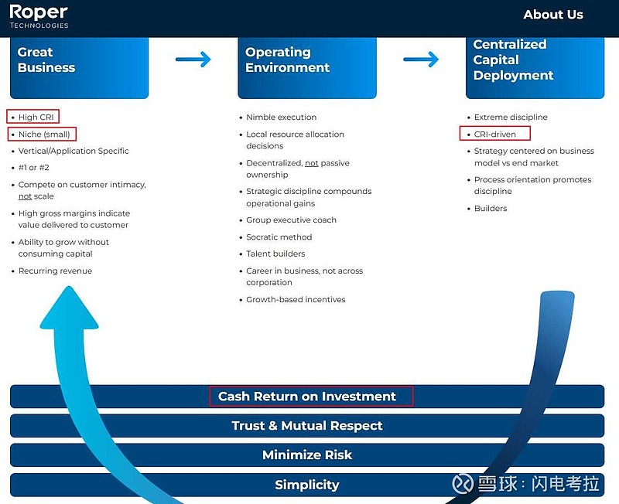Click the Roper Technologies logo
click(x=39, y=16)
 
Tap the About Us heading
click(x=553, y=15)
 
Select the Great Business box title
click(x=46, y=60)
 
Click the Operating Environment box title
click(x=287, y=60)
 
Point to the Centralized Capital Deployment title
click(x=513, y=60)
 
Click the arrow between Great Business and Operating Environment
click(x=193, y=60)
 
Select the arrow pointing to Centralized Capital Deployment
click(x=421, y=60)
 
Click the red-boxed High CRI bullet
click(x=32, y=117)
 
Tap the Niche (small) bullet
click(x=42, y=134)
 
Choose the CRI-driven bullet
click(x=494, y=134)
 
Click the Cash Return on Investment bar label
click(x=306, y=397)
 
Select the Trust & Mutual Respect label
click(x=306, y=425)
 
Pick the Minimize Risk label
click(x=306, y=455)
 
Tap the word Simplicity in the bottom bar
click(x=306, y=485)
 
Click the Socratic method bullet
click(x=279, y=237)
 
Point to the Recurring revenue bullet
click(x=55, y=271)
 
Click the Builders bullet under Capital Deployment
click(x=491, y=208)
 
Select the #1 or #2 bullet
click(x=33, y=168)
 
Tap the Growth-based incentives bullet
click(x=296, y=300)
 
